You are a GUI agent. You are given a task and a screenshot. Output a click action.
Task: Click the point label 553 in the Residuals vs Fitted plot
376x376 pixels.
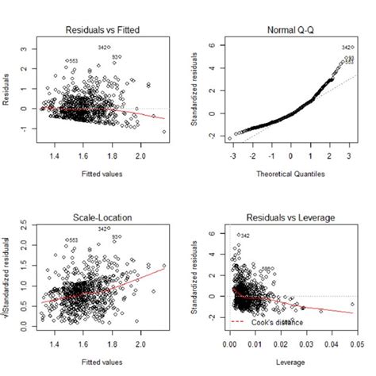click(x=73, y=61)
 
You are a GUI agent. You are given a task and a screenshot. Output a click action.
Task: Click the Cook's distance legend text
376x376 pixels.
click(x=273, y=321)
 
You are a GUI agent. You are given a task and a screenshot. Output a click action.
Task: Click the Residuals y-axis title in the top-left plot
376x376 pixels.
click(x=12, y=87)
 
